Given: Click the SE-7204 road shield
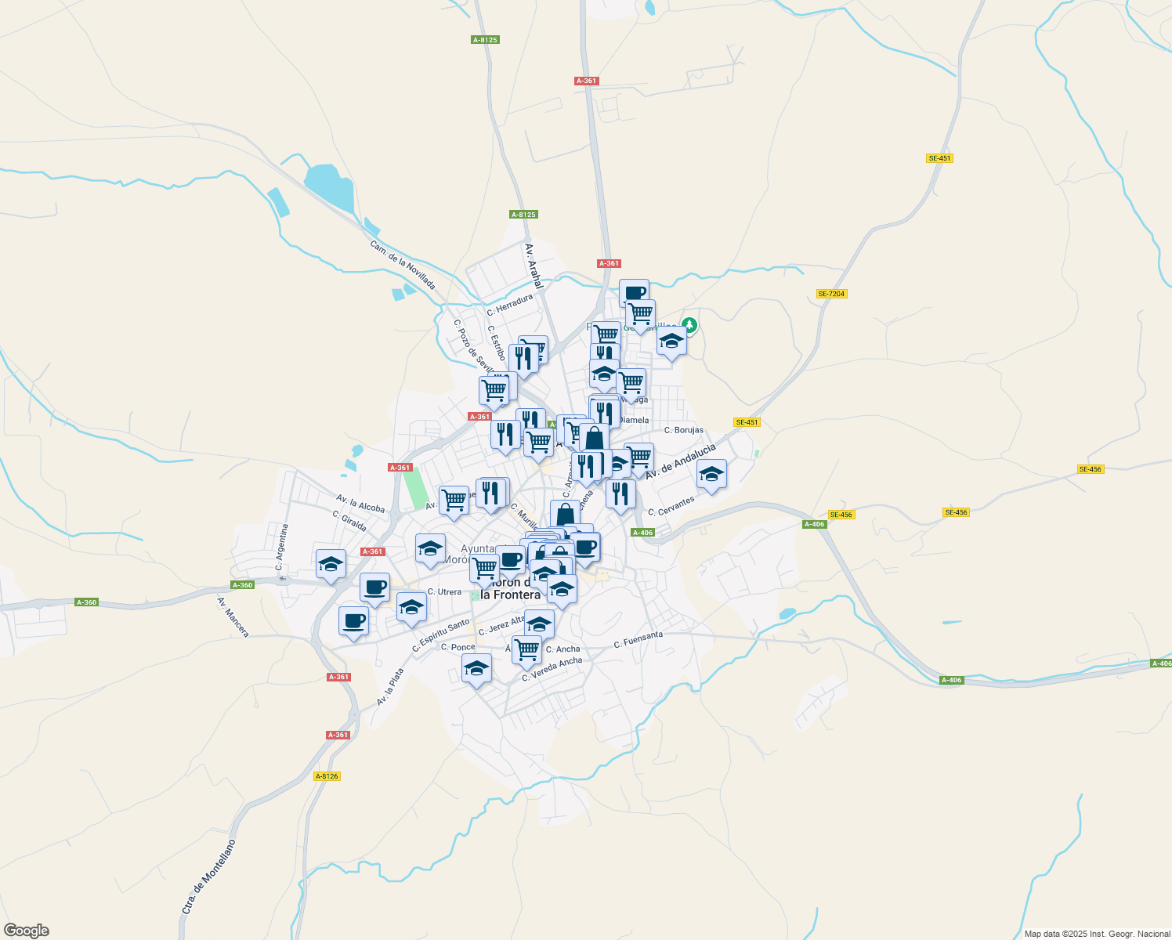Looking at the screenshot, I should pos(831,294).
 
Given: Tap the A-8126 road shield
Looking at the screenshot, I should pos(327,776).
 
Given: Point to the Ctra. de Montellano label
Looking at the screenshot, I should pos(208,877).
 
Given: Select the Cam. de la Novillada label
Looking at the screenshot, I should pos(403,264).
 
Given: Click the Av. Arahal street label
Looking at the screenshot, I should pos(534,266).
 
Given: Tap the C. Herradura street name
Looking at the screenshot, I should pos(510,303).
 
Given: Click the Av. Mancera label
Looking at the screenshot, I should pos(233,617).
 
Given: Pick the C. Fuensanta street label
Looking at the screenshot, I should pos(638,640).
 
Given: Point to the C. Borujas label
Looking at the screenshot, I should pos(684,430).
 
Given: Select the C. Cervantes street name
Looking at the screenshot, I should pos(671,506).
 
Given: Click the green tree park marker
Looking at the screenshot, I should pos(689,324).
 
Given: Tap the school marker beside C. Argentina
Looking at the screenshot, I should pos(331,563).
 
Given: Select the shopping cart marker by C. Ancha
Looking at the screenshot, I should pos(526,648).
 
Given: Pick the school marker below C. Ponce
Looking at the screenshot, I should pos(476,668).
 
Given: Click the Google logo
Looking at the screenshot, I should pos(27,931).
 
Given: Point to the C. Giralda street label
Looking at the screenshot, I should pos(349,521).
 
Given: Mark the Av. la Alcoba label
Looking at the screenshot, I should pos(360,504).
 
